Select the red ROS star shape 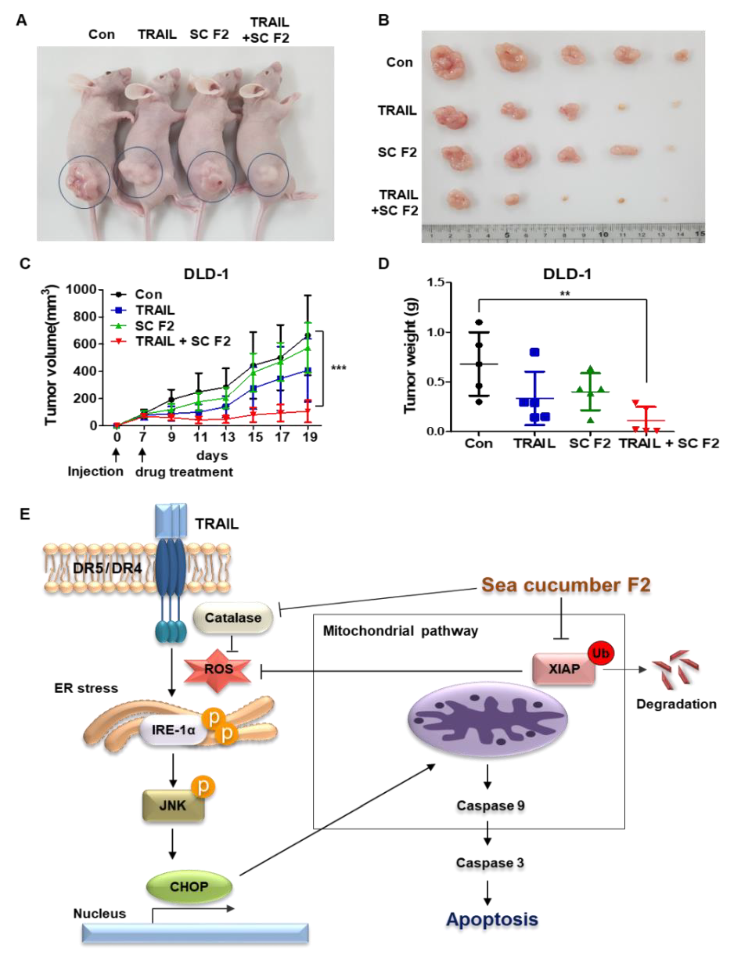[218, 669]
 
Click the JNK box [173, 805]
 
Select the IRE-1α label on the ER [173, 730]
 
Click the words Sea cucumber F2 [566, 585]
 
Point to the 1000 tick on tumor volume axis [81, 289]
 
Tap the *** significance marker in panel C [338, 368]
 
